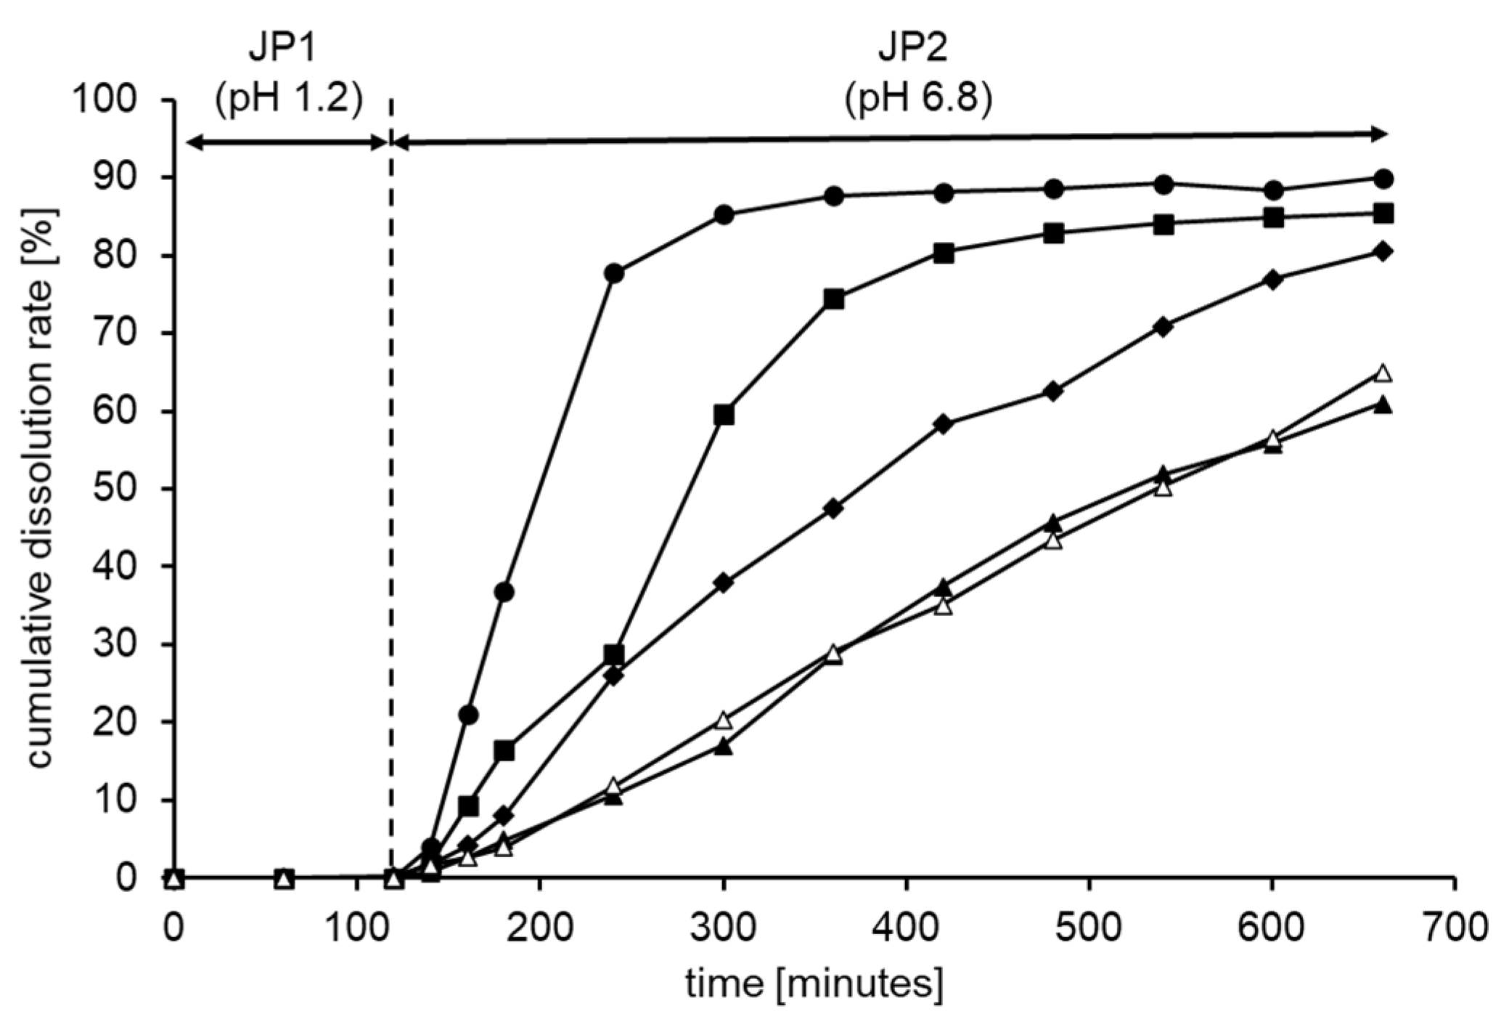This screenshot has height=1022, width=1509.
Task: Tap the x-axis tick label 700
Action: tap(1455, 928)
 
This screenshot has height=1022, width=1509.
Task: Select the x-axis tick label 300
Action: tap(723, 928)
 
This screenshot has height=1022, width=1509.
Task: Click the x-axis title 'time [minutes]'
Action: tap(814, 984)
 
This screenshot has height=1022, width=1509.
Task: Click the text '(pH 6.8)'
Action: tap(918, 100)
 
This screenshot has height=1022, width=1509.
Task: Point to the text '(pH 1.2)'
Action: tap(289, 100)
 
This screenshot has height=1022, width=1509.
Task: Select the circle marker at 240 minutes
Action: tap(613, 274)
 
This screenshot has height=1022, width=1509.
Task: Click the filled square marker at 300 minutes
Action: tap(724, 415)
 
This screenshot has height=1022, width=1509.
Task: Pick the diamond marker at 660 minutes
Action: tap(1383, 251)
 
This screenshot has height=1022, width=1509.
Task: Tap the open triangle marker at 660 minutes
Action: tap(1383, 373)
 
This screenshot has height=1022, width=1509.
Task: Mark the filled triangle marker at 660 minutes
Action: tap(1383, 405)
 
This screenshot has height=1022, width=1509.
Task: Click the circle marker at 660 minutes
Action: tap(1383, 179)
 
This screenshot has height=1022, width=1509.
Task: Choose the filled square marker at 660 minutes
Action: tap(1383, 214)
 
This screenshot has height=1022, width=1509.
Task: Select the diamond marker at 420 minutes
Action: tap(944, 424)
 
